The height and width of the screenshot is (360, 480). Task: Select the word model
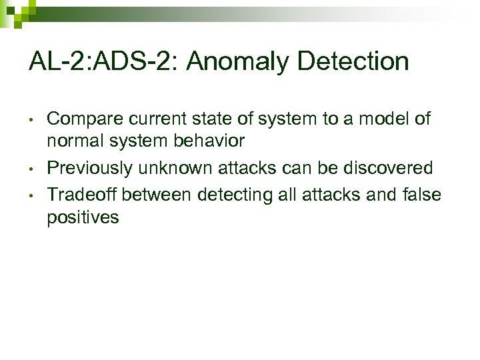click(382, 119)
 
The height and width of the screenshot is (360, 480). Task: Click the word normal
click(75, 142)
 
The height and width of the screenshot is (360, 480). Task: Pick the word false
click(423, 194)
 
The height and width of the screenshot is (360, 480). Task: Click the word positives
click(83, 218)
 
